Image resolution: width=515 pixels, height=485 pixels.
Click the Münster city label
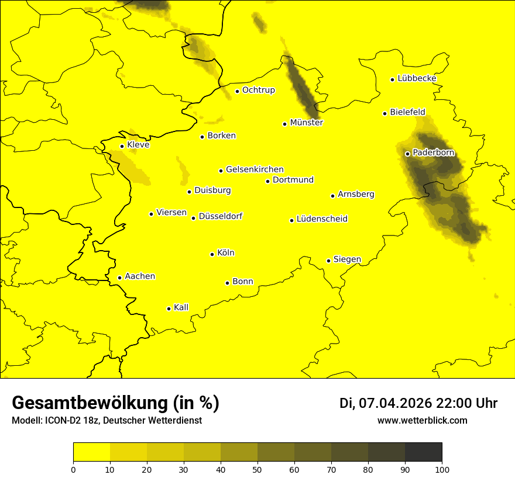point(306,123)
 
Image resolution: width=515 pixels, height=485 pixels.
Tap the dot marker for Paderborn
point(407,154)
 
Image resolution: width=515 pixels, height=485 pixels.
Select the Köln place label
point(225,253)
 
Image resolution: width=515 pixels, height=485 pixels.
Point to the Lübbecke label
point(417,78)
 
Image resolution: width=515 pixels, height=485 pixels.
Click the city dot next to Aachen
point(119,278)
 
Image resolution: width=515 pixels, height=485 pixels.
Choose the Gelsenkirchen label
point(255,169)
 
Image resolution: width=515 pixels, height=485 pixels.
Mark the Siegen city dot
point(328,261)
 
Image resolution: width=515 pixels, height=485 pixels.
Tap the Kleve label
point(138,144)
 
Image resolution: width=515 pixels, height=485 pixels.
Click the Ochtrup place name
point(258,90)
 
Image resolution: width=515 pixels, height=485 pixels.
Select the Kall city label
point(181,307)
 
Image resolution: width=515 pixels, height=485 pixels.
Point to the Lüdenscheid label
point(322,219)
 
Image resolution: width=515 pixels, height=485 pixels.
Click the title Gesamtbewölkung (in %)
point(115,403)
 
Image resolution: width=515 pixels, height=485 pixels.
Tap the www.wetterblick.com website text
point(422,420)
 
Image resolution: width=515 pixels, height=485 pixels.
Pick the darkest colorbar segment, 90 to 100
point(423,452)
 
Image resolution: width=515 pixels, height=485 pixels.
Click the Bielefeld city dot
point(384,113)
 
